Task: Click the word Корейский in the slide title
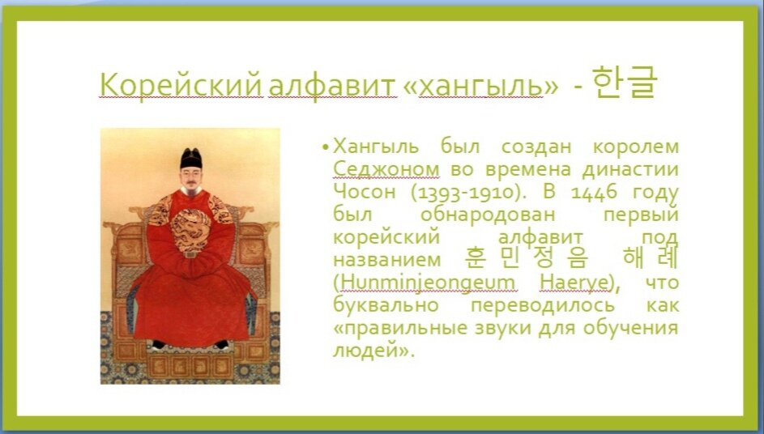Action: click(x=181, y=84)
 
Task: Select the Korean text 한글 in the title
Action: click(x=624, y=82)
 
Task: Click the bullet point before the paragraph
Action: click(x=325, y=148)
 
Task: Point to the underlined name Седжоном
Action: click(x=386, y=170)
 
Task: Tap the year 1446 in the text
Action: click(x=595, y=193)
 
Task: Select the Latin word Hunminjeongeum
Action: click(x=425, y=283)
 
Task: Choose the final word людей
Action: click(x=369, y=351)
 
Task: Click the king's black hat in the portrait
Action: click(x=191, y=157)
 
